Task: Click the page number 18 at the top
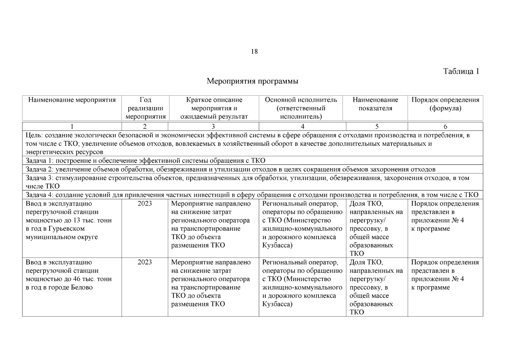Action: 254,52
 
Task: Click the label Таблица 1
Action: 461,71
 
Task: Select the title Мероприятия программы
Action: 253,81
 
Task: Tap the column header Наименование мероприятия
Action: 72,100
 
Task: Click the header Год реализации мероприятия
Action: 145,108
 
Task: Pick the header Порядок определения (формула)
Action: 445,104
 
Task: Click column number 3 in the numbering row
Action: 213,126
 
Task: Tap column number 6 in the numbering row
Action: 445,126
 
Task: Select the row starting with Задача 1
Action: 145,160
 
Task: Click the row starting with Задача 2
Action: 230,169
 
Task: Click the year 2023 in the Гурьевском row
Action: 145,204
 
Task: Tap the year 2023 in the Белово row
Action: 145,262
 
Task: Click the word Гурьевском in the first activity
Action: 66,229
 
